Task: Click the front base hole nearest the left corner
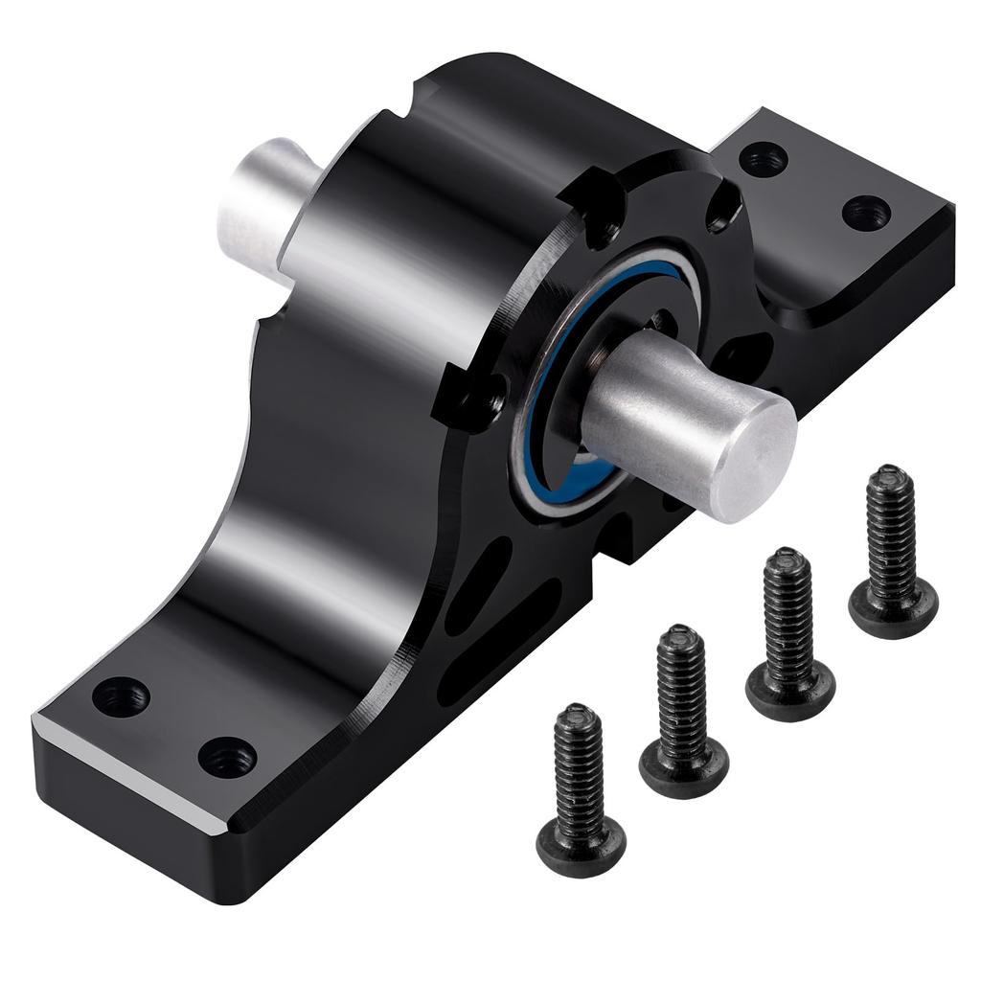pyautogui.click(x=121, y=696)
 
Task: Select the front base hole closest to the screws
pyautogui.click(x=227, y=757)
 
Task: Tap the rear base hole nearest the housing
pyautogui.click(x=764, y=158)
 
